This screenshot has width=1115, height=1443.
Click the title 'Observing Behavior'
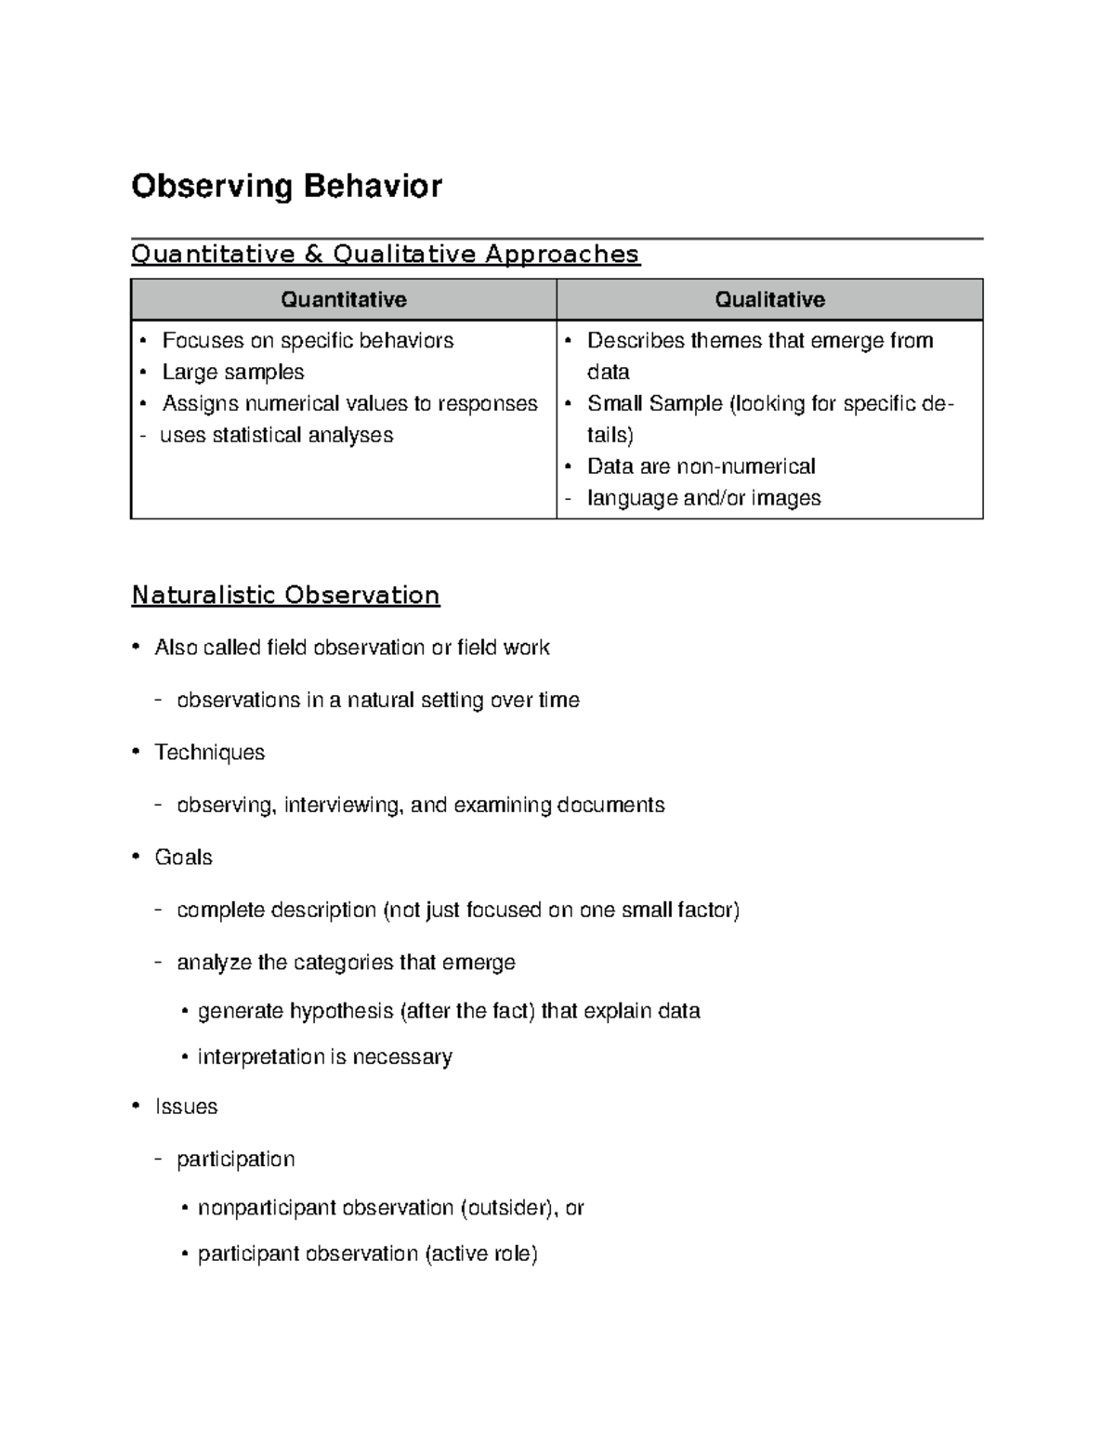[x=286, y=187]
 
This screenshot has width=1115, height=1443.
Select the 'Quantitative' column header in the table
[x=344, y=299]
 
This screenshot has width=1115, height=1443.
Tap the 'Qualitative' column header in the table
[x=769, y=299]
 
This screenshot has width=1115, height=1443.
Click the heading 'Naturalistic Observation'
[x=285, y=595]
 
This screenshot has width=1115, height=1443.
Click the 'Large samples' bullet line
[x=232, y=372]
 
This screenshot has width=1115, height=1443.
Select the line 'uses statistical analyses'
[x=276, y=435]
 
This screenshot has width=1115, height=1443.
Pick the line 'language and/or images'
[x=703, y=498]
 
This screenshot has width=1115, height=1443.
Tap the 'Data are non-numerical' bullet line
[x=701, y=466]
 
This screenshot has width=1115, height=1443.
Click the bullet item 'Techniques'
[x=209, y=753]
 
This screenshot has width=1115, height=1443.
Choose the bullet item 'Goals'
[x=183, y=858]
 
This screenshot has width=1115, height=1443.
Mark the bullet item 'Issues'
[x=186, y=1107]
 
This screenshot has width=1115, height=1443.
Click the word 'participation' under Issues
[x=235, y=1159]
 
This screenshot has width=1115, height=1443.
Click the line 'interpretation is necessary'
[x=324, y=1057]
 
